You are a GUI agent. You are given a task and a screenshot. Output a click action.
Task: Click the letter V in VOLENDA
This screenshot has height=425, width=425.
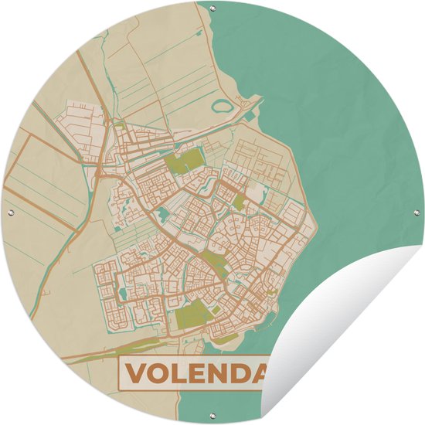[x=137, y=375]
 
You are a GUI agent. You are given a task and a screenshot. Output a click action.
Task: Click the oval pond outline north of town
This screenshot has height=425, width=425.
[x=224, y=105]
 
